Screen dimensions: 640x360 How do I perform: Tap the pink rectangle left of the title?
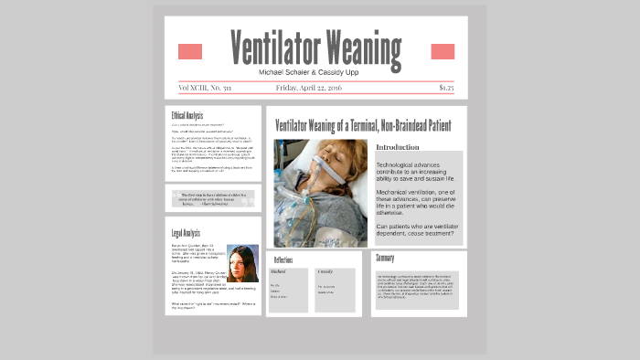(x=189, y=51)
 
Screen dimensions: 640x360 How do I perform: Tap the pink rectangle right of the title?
(x=443, y=51)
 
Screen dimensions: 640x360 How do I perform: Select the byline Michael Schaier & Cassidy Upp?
(x=315, y=71)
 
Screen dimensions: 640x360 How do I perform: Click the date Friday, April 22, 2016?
(x=315, y=89)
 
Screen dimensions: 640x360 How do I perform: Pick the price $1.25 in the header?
(x=445, y=89)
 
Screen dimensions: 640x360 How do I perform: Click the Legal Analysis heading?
(x=185, y=233)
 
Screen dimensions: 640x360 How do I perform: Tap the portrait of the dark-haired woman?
(x=242, y=263)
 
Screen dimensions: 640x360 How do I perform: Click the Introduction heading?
(x=398, y=147)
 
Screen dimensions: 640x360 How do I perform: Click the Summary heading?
(x=385, y=259)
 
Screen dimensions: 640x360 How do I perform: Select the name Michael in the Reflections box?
(x=279, y=272)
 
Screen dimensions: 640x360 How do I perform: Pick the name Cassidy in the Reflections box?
(x=325, y=272)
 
